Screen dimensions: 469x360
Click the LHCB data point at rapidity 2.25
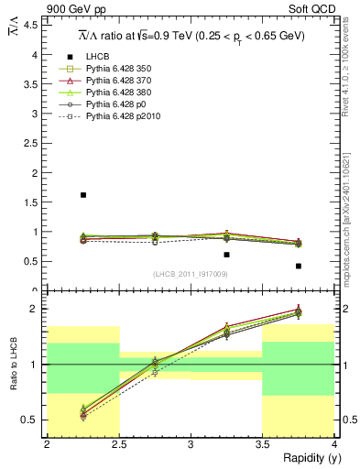(83, 195)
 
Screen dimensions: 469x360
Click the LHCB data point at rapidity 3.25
(226, 255)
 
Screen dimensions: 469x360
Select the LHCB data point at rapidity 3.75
(299, 266)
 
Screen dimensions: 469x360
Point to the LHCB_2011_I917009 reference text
(190, 273)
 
